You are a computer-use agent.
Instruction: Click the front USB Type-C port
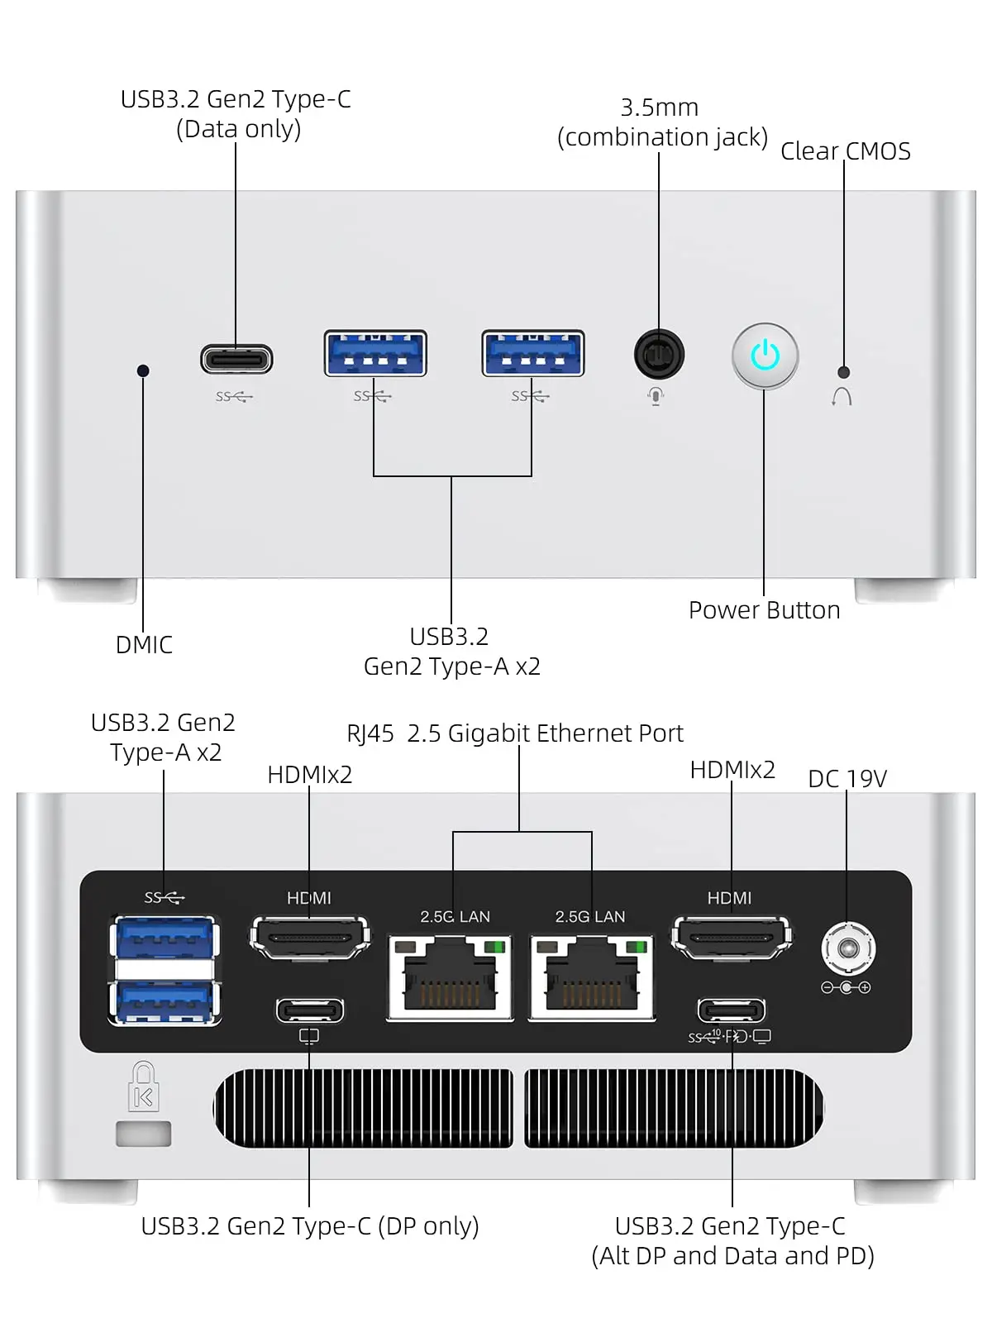pos(236,360)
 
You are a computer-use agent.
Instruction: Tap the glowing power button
pos(765,356)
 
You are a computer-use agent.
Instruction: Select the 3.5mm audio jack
pos(659,355)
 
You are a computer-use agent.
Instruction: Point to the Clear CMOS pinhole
pos(843,372)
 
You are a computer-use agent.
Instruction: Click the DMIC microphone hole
pos(143,370)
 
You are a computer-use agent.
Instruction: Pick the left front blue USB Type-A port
pos(375,354)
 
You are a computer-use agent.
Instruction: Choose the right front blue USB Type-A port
pos(533,354)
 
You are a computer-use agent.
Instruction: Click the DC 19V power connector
pos(847,948)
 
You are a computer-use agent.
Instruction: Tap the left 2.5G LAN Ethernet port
pos(451,977)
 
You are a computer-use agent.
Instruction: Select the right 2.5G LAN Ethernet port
pos(592,977)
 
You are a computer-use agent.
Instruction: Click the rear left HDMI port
pos(310,938)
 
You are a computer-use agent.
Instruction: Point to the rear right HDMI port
pos(732,938)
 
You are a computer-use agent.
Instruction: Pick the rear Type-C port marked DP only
pos(310,1010)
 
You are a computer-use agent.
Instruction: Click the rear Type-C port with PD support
pos(732,1010)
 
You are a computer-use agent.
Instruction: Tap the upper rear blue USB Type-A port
pos(165,939)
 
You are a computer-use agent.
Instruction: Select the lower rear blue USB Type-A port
pos(165,1001)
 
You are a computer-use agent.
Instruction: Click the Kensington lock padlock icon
pos(144,1087)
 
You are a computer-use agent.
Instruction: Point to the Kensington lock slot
pos(144,1134)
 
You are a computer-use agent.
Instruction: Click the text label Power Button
pos(764,610)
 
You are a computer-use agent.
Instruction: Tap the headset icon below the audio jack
pos(656,396)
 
